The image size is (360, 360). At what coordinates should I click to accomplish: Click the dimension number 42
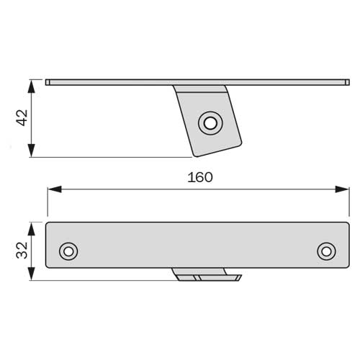tap(22, 118)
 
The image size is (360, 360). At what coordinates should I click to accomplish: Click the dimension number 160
tap(200, 177)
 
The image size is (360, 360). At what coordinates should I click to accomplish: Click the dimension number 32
tap(22, 251)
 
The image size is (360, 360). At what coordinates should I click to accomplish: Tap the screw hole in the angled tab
tap(210, 123)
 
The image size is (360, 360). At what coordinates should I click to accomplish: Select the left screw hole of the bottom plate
tap(68, 251)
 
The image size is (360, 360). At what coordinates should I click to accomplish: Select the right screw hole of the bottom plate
tap(326, 251)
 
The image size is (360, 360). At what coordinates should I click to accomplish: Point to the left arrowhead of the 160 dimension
tap(55, 189)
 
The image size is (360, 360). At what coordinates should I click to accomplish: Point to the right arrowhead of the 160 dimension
tap(342, 189)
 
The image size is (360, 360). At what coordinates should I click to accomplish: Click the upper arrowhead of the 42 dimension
tap(32, 86)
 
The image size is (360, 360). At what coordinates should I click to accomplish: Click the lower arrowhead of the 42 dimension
tap(32, 150)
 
